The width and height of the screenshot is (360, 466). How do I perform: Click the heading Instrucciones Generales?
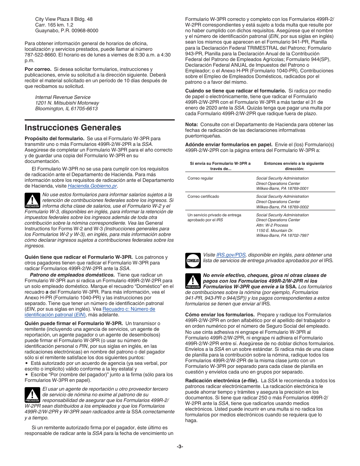(x=73, y=127)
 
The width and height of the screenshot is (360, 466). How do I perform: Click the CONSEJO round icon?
(x=193, y=260)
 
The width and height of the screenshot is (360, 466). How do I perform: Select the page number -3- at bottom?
(x=180, y=446)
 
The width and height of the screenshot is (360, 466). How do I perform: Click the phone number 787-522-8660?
(x=39, y=55)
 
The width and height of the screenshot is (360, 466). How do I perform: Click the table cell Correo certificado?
(x=203, y=197)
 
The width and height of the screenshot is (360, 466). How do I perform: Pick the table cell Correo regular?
(x=200, y=178)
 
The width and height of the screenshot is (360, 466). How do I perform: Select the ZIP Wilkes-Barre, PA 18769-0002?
(x=282, y=207)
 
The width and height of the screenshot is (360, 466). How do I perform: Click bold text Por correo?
(x=38, y=69)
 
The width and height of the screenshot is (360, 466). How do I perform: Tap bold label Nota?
(x=191, y=125)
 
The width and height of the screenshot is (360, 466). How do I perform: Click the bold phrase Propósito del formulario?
(x=55, y=139)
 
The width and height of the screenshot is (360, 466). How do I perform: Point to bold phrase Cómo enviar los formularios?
(x=219, y=315)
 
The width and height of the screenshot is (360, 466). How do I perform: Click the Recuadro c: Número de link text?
(x=129, y=309)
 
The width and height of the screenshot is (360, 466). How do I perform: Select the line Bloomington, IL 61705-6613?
(x=66, y=109)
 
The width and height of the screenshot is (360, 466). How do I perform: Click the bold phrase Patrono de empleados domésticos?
(x=72, y=275)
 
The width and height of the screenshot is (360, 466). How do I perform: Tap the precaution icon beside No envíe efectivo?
(x=193, y=281)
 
